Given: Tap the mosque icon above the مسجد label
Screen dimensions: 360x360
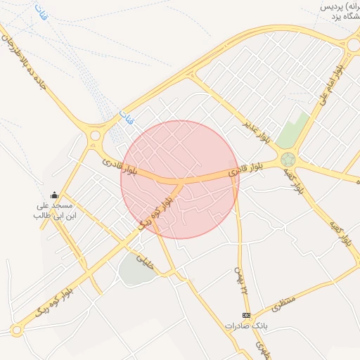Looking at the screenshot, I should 55,195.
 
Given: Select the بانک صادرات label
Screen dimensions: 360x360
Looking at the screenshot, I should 247,326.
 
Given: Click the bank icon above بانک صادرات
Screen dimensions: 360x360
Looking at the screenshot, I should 246,316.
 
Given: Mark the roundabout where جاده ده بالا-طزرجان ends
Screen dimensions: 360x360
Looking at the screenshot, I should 95,135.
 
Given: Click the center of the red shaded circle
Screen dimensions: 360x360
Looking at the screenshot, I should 180,180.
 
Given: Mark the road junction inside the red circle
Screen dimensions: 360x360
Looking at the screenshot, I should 180,182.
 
